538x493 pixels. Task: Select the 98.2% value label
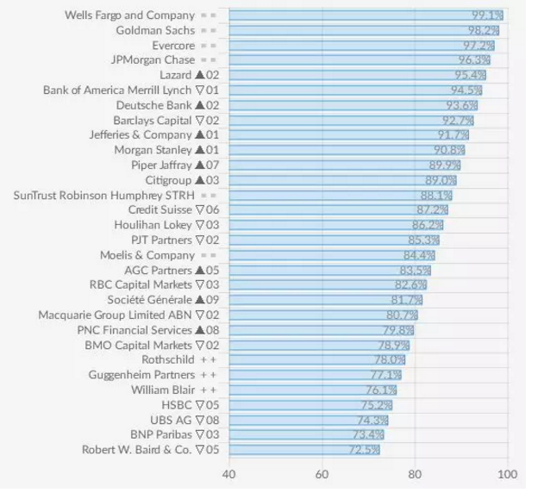[483, 30]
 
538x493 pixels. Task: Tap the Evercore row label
[173, 45]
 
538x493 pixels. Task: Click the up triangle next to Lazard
[199, 75]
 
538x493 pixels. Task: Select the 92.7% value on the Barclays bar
[457, 120]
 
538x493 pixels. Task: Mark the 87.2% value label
[432, 209]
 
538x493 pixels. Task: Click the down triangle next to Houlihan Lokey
[199, 225]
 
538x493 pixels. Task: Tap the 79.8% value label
[397, 330]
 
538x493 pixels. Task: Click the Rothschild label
[168, 359]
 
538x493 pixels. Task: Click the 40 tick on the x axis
[229, 474]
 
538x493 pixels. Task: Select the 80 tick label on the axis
[415, 474]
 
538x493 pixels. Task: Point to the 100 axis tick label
[507, 474]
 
